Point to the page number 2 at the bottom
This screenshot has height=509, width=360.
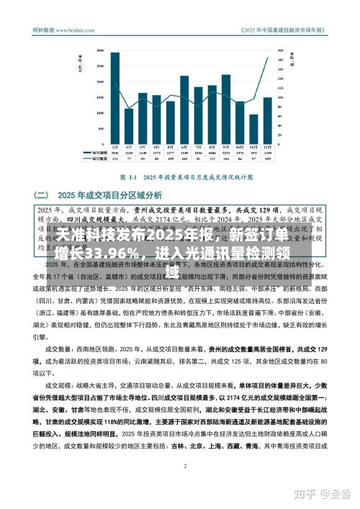pyautogui.click(x=186, y=446)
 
